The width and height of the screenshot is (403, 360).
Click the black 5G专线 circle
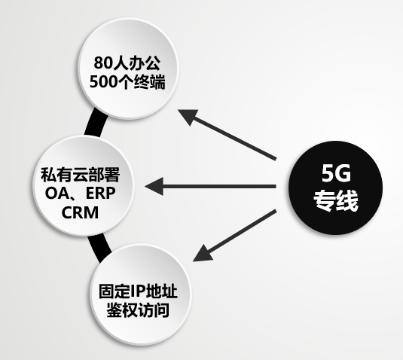335,188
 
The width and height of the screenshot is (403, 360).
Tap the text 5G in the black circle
336,173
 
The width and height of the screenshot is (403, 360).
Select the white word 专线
336,201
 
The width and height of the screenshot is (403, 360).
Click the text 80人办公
127,63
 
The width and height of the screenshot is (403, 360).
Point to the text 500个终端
127,82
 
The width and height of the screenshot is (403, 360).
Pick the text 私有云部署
81,175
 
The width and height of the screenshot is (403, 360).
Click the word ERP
100,194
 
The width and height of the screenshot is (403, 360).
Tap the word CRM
80,212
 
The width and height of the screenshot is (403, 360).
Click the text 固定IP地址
138,291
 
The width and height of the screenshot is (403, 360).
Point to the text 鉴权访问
138,310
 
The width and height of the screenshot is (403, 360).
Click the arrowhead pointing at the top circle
188,117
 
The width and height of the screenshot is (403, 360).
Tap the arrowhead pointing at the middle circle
154,186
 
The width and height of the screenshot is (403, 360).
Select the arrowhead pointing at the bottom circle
203,254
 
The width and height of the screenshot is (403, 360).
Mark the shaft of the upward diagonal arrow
234,139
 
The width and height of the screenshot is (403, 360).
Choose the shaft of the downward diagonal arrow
243,232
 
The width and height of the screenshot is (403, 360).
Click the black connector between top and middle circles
96,123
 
